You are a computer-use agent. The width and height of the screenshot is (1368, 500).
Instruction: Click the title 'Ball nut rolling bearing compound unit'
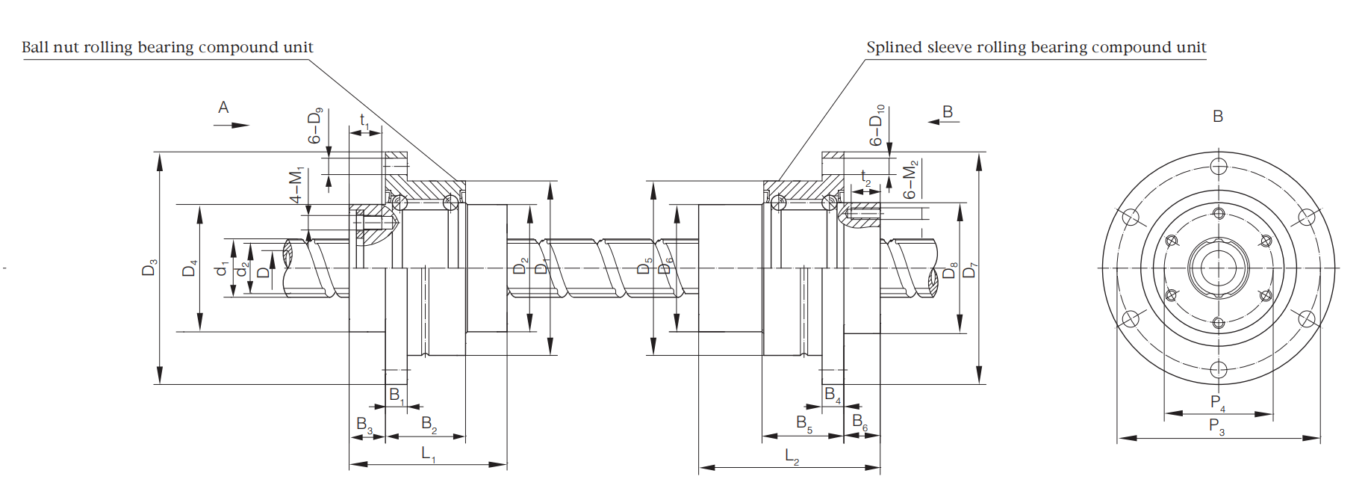pyautogui.click(x=167, y=47)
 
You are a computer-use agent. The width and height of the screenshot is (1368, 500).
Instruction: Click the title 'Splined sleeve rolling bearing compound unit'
pyautogui.click(x=1036, y=47)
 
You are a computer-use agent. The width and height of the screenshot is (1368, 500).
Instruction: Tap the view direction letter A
pyautogui.click(x=223, y=108)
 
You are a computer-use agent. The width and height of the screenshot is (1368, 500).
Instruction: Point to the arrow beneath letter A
pyautogui.click(x=231, y=125)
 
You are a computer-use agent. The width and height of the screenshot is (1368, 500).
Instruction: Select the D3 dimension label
pyautogui.click(x=149, y=268)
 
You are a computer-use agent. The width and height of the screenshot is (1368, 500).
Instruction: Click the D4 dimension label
pyautogui.click(x=190, y=268)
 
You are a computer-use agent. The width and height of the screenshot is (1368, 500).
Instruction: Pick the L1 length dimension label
pyautogui.click(x=429, y=454)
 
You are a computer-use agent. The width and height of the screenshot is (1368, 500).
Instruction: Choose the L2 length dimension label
pyautogui.click(x=792, y=456)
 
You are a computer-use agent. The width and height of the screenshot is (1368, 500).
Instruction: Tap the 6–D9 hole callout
pyautogui.click(x=315, y=126)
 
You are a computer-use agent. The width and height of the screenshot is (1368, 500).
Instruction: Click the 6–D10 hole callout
pyautogui.click(x=877, y=125)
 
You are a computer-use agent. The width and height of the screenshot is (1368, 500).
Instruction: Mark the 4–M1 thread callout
pyautogui.click(x=296, y=185)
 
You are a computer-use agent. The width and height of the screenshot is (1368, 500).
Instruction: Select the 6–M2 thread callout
pyautogui.click(x=910, y=179)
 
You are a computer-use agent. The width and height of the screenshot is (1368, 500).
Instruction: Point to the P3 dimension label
pyautogui.click(x=1216, y=427)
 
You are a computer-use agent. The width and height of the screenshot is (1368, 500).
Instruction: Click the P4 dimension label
pyautogui.click(x=1217, y=403)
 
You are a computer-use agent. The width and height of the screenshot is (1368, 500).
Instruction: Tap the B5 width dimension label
pyautogui.click(x=803, y=424)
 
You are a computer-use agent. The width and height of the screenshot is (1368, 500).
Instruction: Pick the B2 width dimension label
pyautogui.click(x=429, y=424)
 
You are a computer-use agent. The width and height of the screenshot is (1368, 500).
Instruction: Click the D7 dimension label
pyautogui.click(x=969, y=270)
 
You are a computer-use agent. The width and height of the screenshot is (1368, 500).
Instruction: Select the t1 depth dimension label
pyautogui.click(x=364, y=120)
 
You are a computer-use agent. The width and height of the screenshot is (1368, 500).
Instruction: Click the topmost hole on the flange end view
pyautogui.click(x=1219, y=166)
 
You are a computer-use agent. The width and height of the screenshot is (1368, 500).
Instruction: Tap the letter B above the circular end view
pyautogui.click(x=1218, y=117)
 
